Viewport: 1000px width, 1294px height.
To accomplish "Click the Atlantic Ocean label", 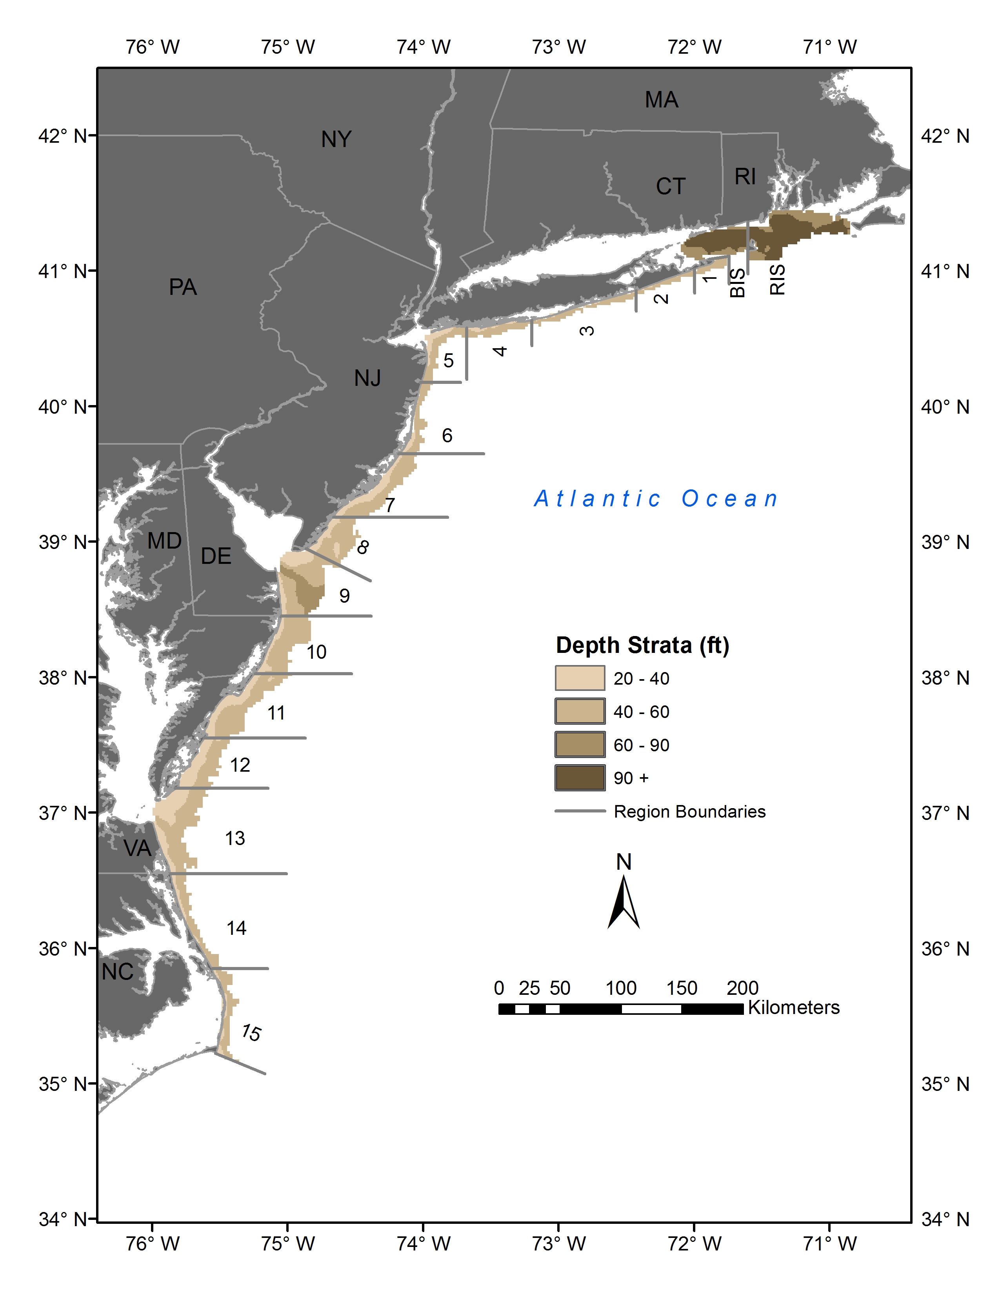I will point(656,499).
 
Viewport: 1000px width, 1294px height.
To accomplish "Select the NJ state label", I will point(367,378).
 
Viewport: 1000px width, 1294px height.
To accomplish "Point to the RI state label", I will point(745,176).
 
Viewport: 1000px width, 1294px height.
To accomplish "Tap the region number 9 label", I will point(344,596).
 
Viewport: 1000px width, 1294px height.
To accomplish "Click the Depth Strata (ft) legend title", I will point(642,645).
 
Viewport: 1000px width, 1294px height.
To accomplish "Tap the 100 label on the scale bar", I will point(620,988).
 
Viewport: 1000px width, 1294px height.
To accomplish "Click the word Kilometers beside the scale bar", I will point(793,1007).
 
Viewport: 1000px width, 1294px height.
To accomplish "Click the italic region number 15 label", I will point(251,1033).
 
